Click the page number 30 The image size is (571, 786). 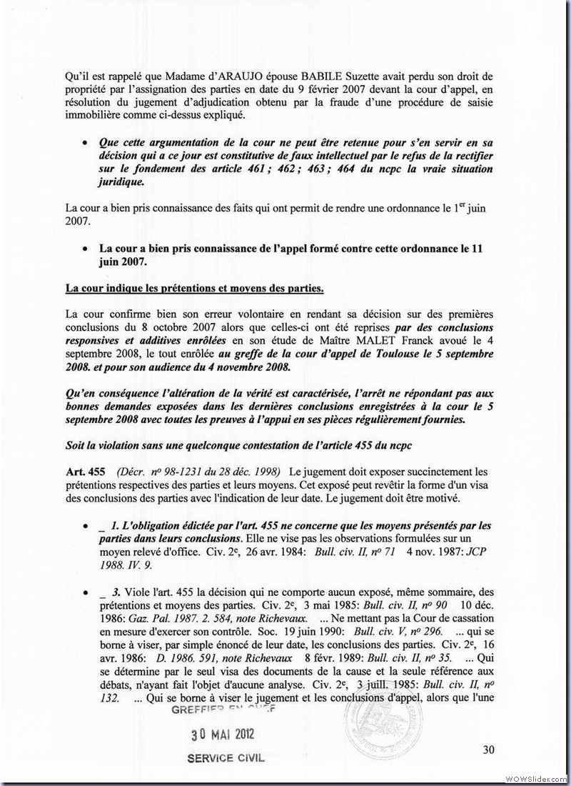(x=488, y=750)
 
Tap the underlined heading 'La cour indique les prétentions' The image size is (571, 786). (x=194, y=289)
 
